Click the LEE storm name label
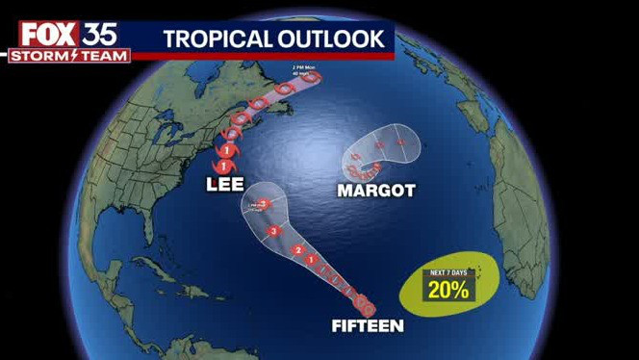[x=223, y=184]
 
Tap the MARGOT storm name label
[x=376, y=191]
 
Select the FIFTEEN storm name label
[x=368, y=325]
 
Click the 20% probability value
[x=449, y=289]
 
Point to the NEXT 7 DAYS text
[x=449, y=271]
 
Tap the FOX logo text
[x=47, y=35]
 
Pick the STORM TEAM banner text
[x=69, y=56]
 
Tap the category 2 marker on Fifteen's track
[x=298, y=251]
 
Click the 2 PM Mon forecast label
[x=304, y=70]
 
